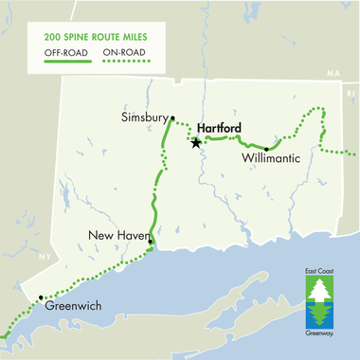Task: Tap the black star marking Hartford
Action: click(196, 143)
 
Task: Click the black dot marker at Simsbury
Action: click(172, 117)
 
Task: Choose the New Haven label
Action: click(116, 235)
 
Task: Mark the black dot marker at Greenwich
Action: click(40, 298)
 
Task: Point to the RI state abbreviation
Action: click(350, 95)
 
